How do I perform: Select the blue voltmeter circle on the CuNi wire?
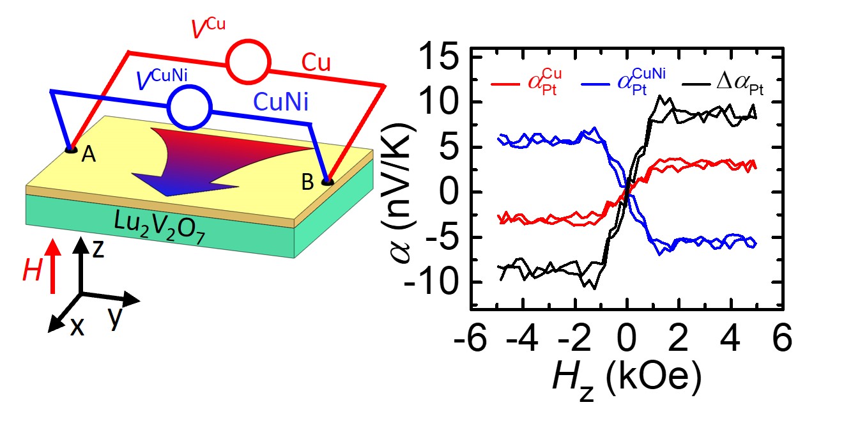pyautogui.click(x=188, y=105)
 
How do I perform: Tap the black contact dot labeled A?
pyautogui.click(x=71, y=150)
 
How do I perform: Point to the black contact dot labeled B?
pyautogui.click(x=327, y=182)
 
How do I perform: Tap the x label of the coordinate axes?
pyautogui.click(x=77, y=327)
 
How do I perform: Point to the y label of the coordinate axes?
pyautogui.click(x=115, y=317)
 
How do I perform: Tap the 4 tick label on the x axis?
pyautogui.click(x=732, y=337)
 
